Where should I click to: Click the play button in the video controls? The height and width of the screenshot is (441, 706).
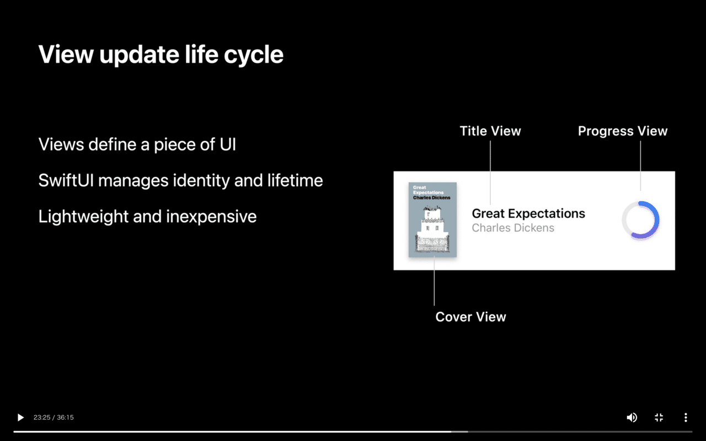[x=20, y=417]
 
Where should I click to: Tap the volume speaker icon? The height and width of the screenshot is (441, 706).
[x=632, y=417]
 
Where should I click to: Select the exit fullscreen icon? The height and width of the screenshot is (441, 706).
[x=659, y=417]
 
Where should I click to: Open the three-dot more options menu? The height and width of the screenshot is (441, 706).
[x=686, y=417]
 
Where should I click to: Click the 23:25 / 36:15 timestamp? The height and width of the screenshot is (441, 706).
[x=54, y=417]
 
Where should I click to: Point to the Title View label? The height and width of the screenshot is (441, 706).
[x=490, y=131]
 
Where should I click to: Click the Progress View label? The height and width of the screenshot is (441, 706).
[x=623, y=131]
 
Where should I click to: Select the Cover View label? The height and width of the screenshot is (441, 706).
[x=470, y=317]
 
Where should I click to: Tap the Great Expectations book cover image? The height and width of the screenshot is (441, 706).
[x=432, y=219]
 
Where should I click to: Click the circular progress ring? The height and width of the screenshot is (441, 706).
[x=640, y=220]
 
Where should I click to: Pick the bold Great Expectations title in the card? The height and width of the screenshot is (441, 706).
[x=528, y=214]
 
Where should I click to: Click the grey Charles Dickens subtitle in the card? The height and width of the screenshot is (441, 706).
[x=513, y=228]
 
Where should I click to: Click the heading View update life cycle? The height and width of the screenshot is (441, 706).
[x=161, y=55]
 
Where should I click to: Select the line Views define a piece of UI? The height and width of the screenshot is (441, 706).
[x=137, y=144]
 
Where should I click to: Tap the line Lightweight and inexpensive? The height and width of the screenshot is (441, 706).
[x=147, y=216]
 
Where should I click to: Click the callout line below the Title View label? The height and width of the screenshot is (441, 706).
[x=490, y=171]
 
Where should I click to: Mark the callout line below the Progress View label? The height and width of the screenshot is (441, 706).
[x=640, y=165]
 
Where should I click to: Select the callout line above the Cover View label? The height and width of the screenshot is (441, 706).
[x=434, y=281]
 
